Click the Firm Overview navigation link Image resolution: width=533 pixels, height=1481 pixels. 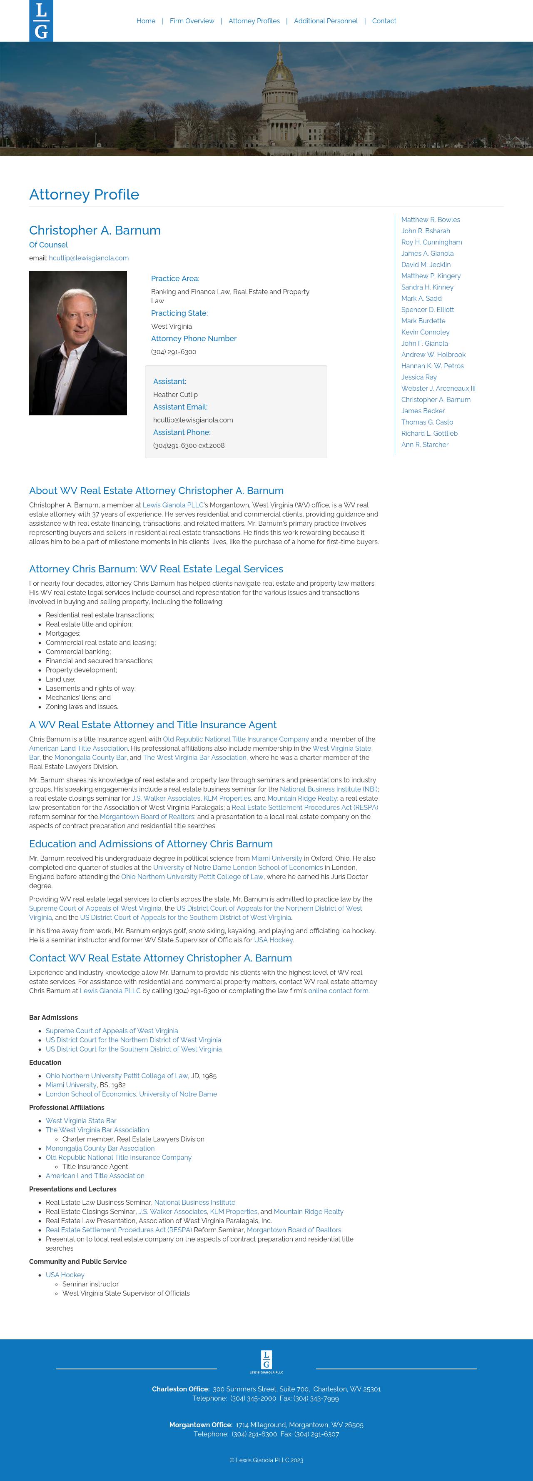click(192, 21)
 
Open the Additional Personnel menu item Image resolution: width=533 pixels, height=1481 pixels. click(326, 21)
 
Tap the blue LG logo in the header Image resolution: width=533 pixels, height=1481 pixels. click(41, 21)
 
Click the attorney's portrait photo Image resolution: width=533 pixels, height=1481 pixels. click(78, 343)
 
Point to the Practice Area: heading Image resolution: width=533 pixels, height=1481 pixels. click(175, 279)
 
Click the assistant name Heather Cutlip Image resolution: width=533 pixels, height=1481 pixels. click(175, 395)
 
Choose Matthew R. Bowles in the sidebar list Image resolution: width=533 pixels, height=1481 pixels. click(430, 220)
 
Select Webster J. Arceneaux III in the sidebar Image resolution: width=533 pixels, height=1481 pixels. click(438, 389)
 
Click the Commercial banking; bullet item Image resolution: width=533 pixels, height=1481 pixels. click(78, 652)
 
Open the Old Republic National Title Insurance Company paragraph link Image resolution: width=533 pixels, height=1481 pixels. click(236, 739)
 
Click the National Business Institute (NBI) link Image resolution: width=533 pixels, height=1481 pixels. click(329, 789)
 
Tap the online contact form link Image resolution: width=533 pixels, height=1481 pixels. click(338, 991)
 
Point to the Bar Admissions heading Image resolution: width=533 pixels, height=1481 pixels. click(53, 1018)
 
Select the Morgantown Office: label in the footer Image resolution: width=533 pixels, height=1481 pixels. click(200, 1425)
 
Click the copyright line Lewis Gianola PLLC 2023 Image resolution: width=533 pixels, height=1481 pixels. click(266, 1460)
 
